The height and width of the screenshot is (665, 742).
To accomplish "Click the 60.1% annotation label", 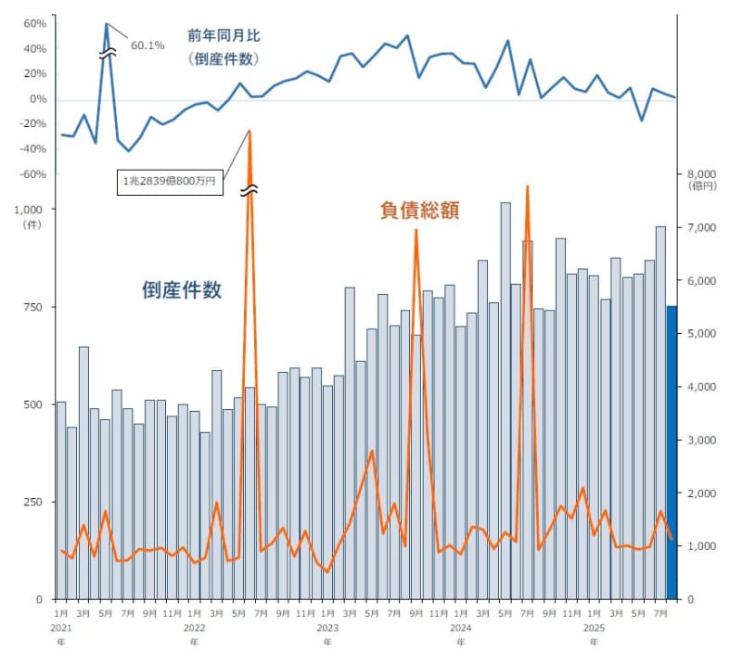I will click(x=148, y=45).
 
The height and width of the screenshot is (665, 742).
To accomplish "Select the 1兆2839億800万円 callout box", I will click(x=169, y=183).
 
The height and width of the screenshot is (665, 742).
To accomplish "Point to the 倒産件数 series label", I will click(x=182, y=289).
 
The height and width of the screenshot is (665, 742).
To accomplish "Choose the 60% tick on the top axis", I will click(x=34, y=23).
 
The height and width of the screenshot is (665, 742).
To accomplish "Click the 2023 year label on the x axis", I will click(x=327, y=628).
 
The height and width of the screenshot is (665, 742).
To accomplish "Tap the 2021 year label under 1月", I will click(x=60, y=628).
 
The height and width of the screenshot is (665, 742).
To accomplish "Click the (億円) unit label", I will click(x=702, y=187).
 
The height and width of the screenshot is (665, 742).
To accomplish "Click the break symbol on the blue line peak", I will click(x=109, y=56).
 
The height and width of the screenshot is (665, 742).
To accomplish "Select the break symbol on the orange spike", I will click(x=249, y=190).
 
